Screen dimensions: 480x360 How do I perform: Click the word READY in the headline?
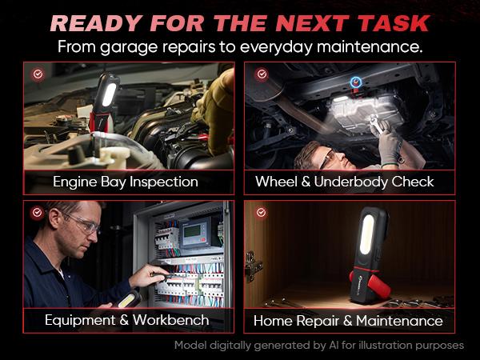click(96, 23)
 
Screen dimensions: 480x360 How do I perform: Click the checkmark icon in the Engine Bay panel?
click(38, 74)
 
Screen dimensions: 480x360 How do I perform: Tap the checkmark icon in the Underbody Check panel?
click(262, 74)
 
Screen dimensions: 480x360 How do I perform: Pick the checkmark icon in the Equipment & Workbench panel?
click(37, 212)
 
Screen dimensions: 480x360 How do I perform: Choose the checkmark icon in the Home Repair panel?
click(261, 212)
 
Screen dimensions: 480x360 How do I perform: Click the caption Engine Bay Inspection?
click(126, 182)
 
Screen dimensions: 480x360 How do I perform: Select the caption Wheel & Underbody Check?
click(345, 182)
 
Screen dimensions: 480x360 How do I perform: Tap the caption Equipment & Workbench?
click(127, 320)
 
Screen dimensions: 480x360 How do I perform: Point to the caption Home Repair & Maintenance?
click(348, 321)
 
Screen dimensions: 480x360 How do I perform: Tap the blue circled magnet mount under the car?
click(356, 82)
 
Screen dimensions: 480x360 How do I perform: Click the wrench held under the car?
click(377, 124)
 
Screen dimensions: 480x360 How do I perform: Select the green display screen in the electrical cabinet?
click(192, 231)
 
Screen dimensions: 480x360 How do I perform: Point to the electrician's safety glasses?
click(83, 224)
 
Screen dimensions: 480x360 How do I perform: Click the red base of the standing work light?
click(371, 283)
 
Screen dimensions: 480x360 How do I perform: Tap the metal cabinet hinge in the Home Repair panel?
click(253, 266)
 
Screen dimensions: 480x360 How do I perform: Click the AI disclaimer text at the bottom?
click(319, 346)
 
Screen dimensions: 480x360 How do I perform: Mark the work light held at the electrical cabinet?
click(129, 299)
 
